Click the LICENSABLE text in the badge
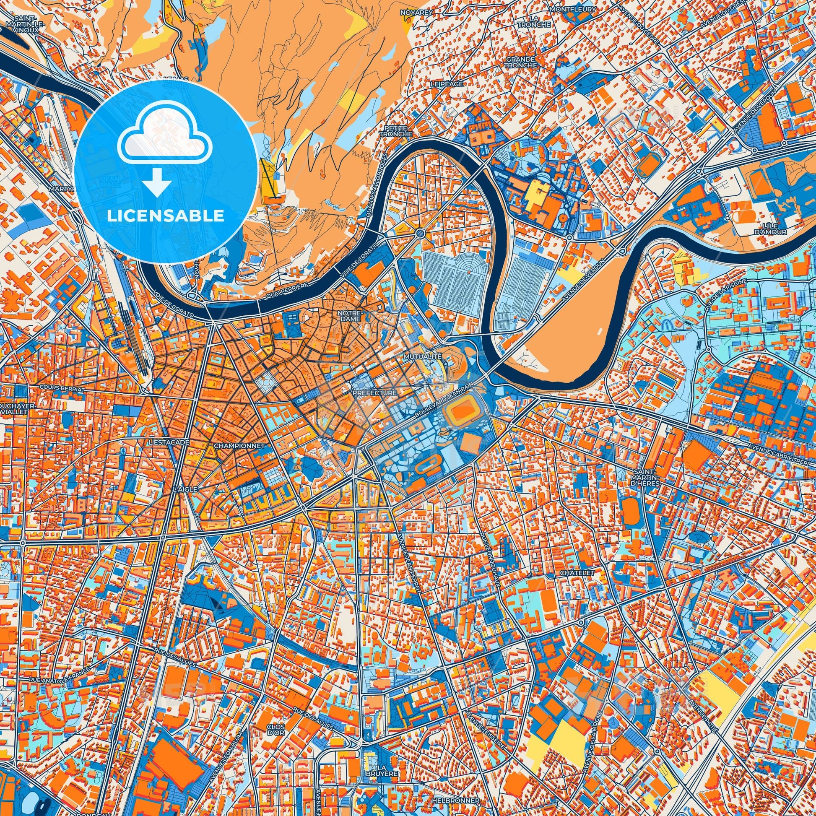166,216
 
